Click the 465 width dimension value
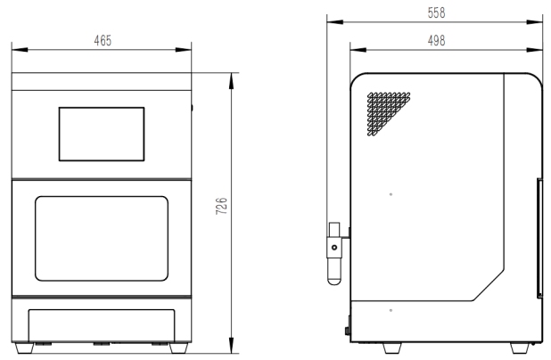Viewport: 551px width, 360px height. click(103, 40)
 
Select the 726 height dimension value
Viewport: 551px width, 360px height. click(221, 206)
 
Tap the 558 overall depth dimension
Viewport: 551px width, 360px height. click(436, 12)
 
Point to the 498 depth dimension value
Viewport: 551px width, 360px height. click(436, 40)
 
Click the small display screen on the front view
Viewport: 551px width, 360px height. click(102, 135)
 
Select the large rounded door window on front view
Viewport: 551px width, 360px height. click(102, 239)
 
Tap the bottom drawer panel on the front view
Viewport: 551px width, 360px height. click(102, 325)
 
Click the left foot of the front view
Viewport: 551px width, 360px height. click(25, 348)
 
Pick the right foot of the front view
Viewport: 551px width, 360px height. click(178, 348)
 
